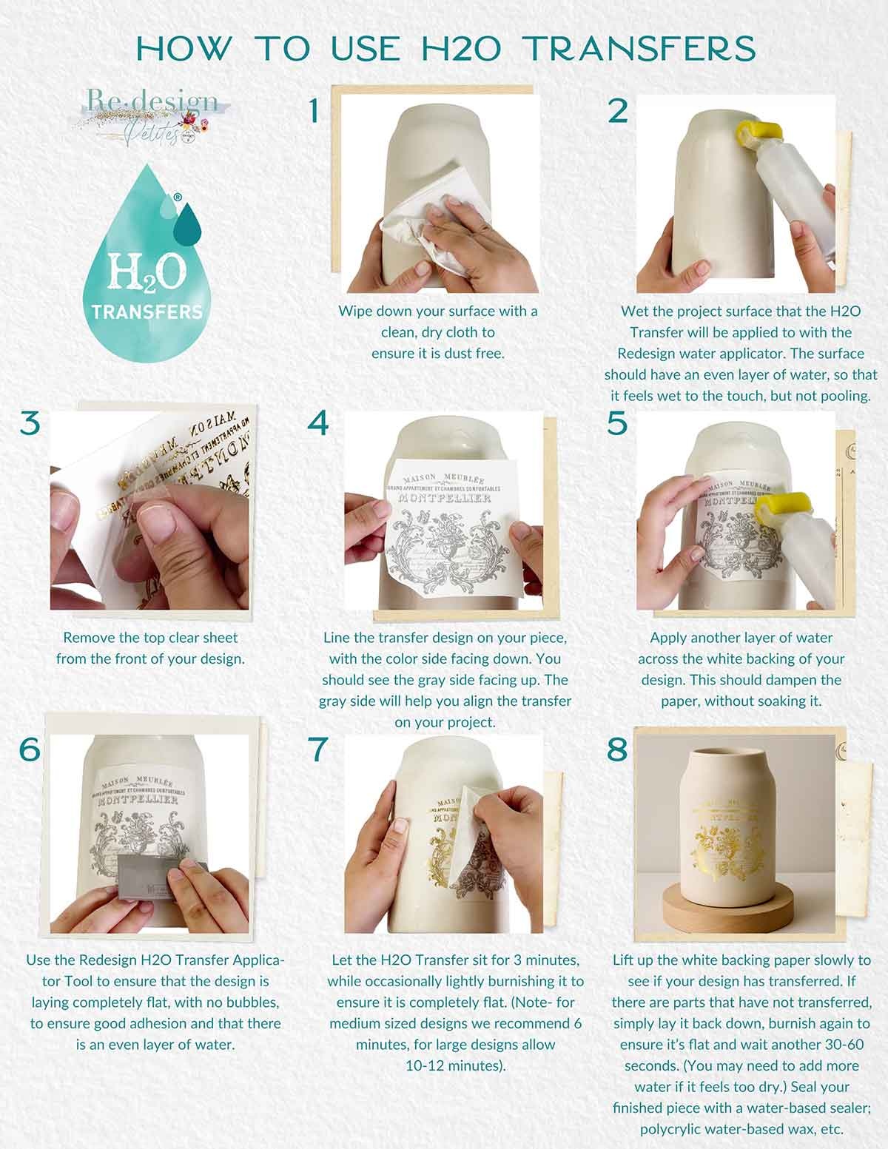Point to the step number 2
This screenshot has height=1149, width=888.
pos(617,111)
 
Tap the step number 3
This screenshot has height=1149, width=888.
pos(30,424)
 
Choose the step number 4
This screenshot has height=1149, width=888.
pos(318,424)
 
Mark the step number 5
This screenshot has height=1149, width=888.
pos(617,424)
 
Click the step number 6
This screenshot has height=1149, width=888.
pos(30,749)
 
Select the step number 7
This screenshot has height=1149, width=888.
pos(318,749)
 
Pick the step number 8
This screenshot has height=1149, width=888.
pos(617,749)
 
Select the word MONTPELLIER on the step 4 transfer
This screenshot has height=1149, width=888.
pos(445,500)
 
